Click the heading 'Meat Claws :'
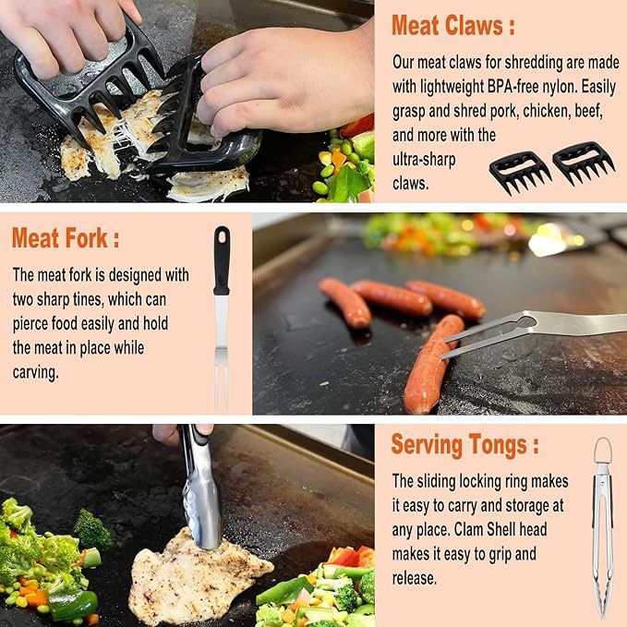pos(452,26)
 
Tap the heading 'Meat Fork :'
pos(66,238)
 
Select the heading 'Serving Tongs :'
pos(464,444)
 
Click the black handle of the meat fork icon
pos(222,260)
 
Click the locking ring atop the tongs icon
pos(602,452)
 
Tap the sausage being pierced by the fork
pos(432,362)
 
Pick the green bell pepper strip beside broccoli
pos(73,605)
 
